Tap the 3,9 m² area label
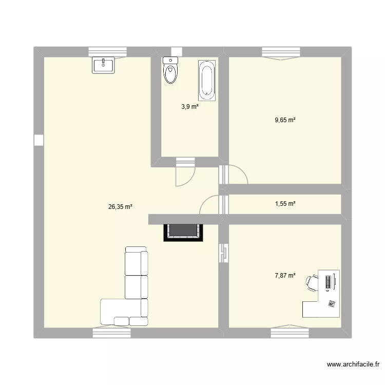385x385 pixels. (189, 107)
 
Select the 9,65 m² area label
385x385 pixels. (285, 120)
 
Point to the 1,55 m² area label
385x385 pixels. (285, 204)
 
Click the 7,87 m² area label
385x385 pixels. (285, 275)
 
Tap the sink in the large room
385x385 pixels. (104, 65)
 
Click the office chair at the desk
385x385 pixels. (312, 282)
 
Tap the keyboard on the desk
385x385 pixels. (328, 282)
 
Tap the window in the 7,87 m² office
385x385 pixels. (286, 331)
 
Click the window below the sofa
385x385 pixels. (112, 333)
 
